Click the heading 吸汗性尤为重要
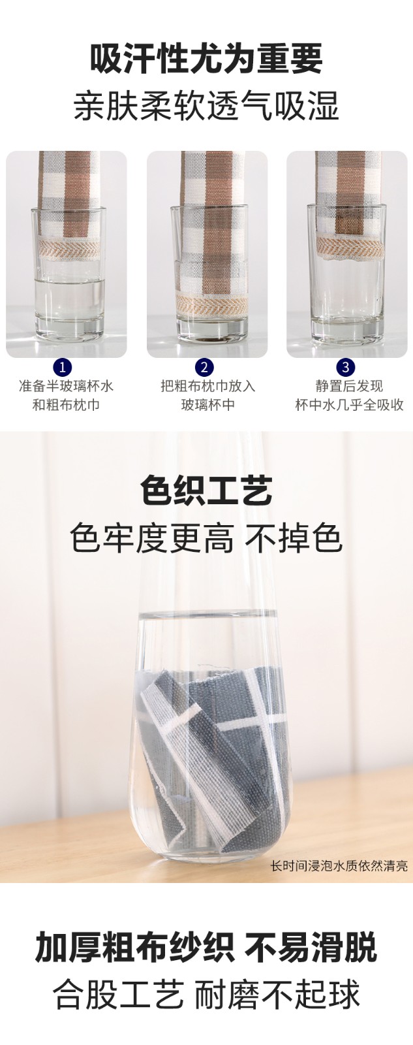click(206, 59)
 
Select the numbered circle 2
click(205, 367)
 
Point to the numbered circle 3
click(345, 367)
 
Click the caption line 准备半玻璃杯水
click(66, 386)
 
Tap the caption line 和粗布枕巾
click(66, 405)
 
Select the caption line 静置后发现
click(349, 386)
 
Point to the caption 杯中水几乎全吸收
click(349, 405)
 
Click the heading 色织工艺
click(206, 491)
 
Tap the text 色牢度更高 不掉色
click(206, 539)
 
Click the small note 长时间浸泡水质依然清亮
click(339, 866)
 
